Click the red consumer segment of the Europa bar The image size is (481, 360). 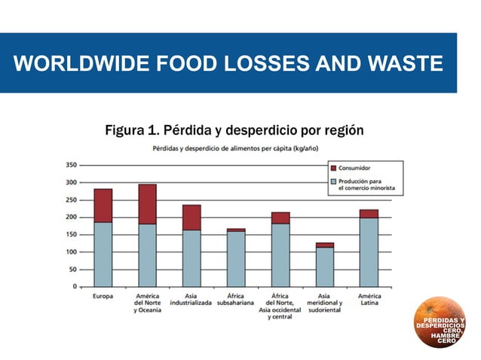point(103,205)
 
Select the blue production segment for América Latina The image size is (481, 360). point(369,252)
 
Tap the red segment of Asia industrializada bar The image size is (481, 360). point(191,217)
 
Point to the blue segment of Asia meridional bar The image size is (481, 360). point(324,266)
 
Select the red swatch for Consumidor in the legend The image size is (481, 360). point(332,167)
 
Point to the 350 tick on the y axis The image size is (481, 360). point(71,164)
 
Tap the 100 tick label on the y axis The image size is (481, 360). point(71,252)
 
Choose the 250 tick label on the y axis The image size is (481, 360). point(71,200)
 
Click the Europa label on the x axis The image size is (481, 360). point(103,297)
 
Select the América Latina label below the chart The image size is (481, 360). point(369,300)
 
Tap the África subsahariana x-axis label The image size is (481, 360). point(236,300)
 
